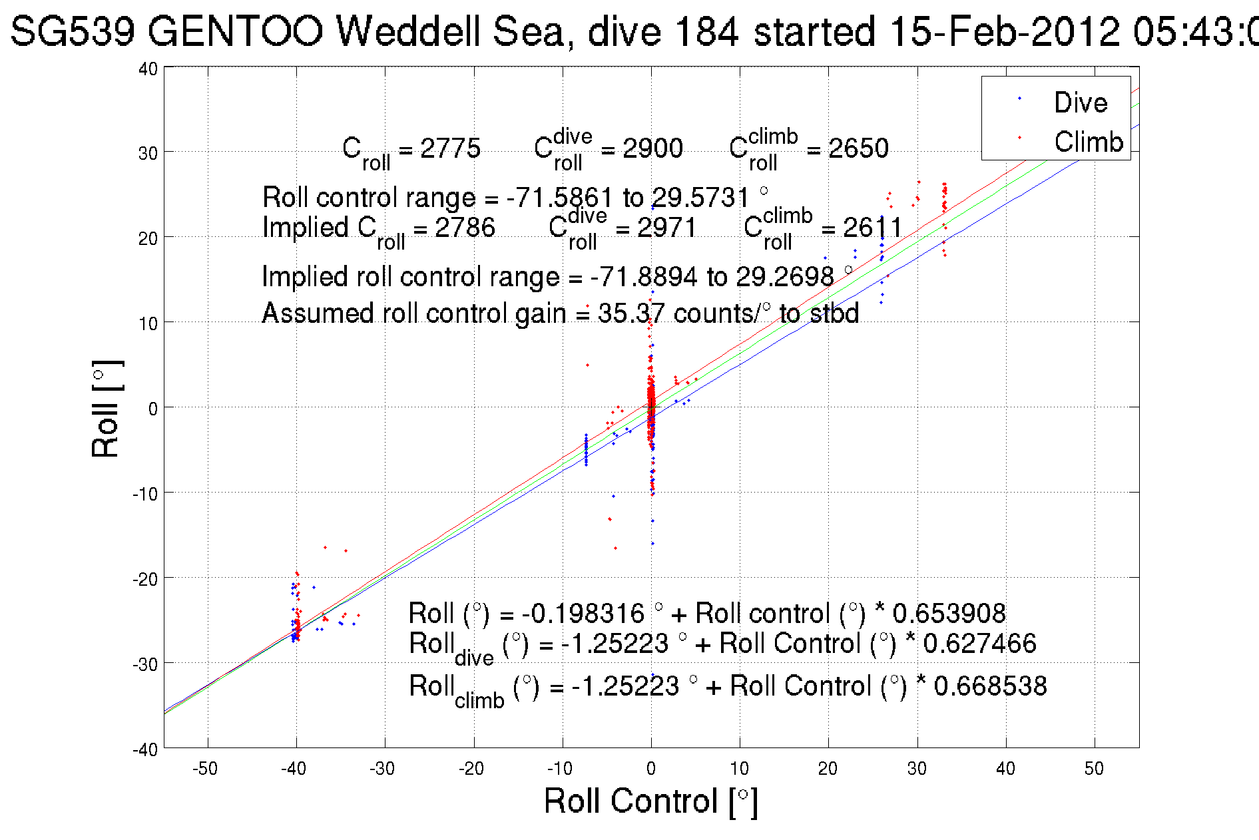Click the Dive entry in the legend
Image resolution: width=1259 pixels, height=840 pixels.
pos(1080,103)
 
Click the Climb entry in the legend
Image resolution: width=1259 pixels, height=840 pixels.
pos(1088,142)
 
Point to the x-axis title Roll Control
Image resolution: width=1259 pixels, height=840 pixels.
pos(650,801)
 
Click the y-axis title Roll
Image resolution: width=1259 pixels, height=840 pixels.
pos(107,409)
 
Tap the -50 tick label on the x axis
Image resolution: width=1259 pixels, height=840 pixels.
pos(205,769)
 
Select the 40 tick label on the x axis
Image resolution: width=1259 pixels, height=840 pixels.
pos(1005,769)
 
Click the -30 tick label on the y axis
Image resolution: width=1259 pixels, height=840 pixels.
pos(146,664)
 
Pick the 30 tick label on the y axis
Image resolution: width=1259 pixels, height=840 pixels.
pos(148,153)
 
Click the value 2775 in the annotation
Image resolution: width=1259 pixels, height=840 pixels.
pos(450,148)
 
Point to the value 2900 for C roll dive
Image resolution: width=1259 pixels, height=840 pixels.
pos(652,148)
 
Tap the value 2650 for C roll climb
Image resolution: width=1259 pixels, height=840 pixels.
pos(858,148)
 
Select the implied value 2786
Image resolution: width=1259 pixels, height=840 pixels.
pos(465,228)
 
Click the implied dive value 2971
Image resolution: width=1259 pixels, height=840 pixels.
pos(666,228)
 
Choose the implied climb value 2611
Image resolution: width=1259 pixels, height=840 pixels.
pos(872,228)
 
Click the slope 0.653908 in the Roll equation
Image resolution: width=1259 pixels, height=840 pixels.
pos(949,613)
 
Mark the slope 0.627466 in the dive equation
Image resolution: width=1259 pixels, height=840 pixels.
pos(979,644)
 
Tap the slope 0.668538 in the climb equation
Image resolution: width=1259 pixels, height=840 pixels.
pos(990,686)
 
